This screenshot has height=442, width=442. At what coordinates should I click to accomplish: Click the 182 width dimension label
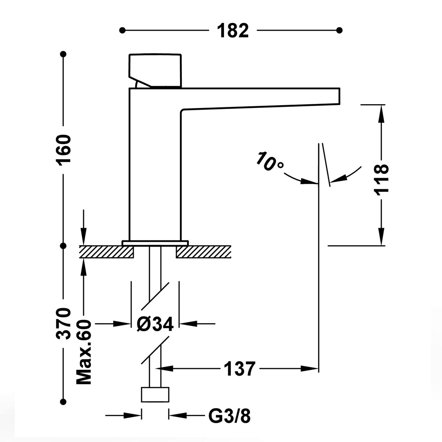[x=233, y=31]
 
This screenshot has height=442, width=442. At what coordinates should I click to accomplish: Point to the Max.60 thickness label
[x=84, y=352]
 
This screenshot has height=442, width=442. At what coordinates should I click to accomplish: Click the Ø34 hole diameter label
[x=155, y=324]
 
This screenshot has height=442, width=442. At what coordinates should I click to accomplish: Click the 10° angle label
[x=270, y=161]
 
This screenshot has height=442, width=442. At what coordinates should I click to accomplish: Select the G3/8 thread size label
[x=229, y=417]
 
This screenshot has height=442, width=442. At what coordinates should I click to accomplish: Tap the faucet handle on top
[x=155, y=70]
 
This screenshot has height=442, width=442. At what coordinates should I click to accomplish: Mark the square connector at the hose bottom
[x=155, y=394]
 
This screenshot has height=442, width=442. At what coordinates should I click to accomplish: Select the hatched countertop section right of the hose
[x=203, y=252]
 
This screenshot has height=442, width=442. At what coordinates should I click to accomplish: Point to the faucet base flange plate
[x=155, y=243]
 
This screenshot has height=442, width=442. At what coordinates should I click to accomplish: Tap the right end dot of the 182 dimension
[x=340, y=30]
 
